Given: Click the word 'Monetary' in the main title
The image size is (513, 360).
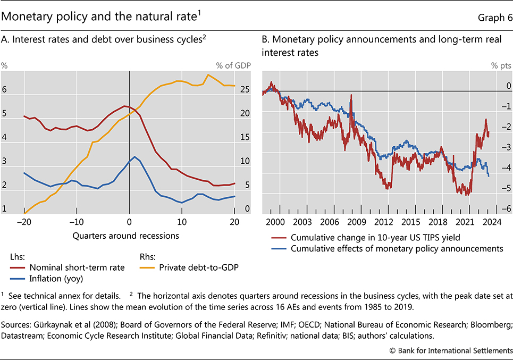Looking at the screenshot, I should pos(27,17).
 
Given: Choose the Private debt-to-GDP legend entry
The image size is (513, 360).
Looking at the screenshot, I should pos(197,267).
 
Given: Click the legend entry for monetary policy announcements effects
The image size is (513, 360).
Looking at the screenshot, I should pos(389,247).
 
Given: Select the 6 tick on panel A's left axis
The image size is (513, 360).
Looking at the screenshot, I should pos(4,90).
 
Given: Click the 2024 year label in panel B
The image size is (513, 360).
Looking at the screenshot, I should pos(490,222).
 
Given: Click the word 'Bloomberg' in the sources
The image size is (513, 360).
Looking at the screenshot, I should pos(491,324).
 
